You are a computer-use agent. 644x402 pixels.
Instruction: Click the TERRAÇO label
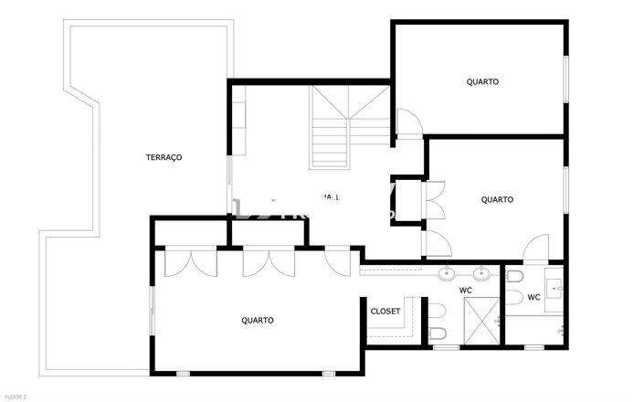point(164,157)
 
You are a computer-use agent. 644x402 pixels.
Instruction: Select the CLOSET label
point(385,312)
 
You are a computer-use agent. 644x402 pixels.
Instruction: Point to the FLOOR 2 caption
point(16,397)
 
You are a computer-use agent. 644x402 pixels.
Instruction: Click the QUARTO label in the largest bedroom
point(258,320)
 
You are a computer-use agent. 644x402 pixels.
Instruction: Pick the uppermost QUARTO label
point(482,81)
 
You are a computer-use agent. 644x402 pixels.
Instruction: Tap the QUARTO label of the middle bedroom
point(497,199)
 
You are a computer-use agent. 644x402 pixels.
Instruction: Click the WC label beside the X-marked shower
point(466,291)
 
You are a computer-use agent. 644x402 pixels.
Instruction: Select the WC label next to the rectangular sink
point(533,297)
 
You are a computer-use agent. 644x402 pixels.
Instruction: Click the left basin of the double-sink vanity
point(448,272)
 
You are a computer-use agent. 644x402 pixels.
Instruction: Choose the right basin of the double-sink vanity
point(481,272)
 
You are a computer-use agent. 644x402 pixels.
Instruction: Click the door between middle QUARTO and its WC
point(536,249)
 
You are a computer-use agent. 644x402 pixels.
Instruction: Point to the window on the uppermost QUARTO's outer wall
point(565,81)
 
